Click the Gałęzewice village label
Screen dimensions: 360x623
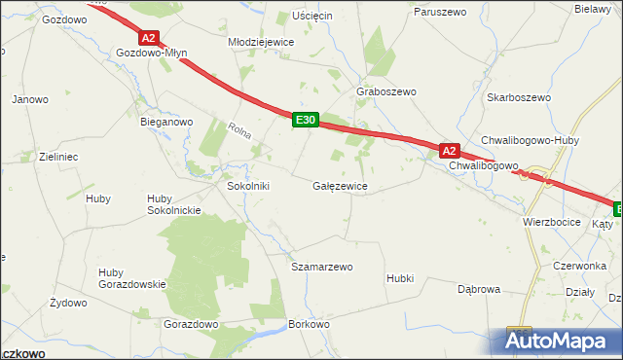[340, 185]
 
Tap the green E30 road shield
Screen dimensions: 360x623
[305, 120]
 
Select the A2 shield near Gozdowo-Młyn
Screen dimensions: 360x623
[148, 38]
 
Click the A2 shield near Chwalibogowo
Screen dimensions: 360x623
[448, 151]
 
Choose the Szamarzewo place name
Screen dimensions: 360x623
[322, 266]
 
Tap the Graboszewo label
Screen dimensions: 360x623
[386, 91]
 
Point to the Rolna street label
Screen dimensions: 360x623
[239, 132]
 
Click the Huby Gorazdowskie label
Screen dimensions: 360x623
[132, 277]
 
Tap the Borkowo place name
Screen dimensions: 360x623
[310, 323]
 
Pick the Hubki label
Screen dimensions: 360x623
[400, 278]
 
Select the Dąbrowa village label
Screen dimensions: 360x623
[478, 289]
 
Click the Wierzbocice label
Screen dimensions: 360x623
[551, 222]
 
